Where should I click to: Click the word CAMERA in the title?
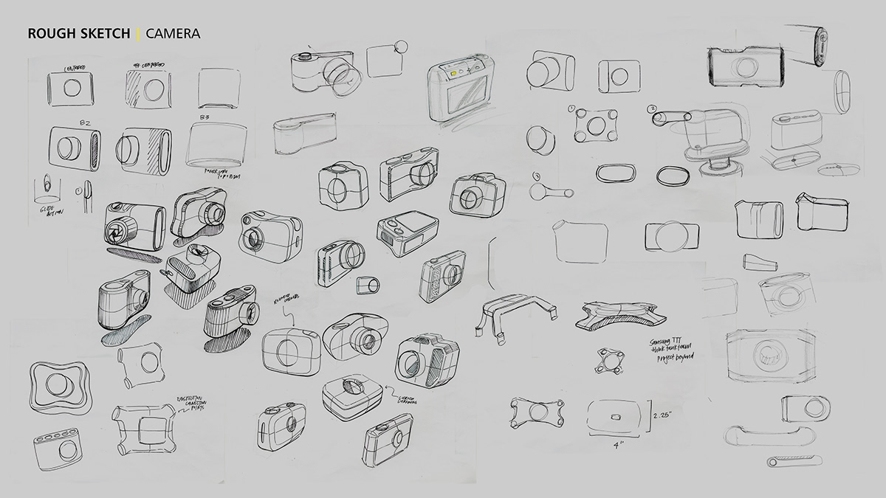coord(173,33)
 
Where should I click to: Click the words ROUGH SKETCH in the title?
coord(79,33)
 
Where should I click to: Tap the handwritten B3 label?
coord(205,117)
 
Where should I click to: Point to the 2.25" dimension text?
coord(664,416)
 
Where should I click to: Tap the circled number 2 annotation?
coord(652,110)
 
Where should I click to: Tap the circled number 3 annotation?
coord(537,176)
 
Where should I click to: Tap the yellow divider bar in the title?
coord(137,33)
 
